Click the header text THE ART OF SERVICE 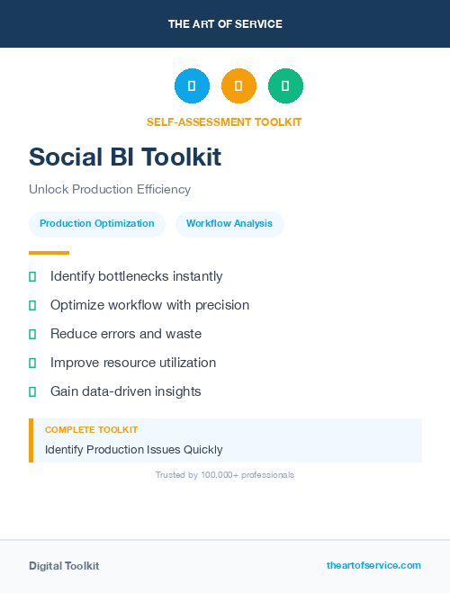[225, 24]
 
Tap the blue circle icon [192, 86]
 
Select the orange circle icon [238, 86]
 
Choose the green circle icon [285, 86]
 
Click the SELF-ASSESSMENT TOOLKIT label [224, 121]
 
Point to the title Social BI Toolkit [125, 157]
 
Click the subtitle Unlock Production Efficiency [110, 190]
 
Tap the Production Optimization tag [97, 224]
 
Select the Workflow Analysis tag [229, 224]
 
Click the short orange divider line [49, 253]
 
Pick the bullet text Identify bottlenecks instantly [136, 276]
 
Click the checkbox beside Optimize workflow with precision [32, 306]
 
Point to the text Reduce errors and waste [126, 334]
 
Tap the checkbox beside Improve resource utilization [32, 364]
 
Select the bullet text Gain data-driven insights [126, 391]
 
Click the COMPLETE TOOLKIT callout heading [91, 430]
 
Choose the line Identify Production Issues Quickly [133, 449]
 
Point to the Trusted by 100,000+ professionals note [225, 474]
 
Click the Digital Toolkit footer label [64, 566]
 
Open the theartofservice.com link [373, 565]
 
